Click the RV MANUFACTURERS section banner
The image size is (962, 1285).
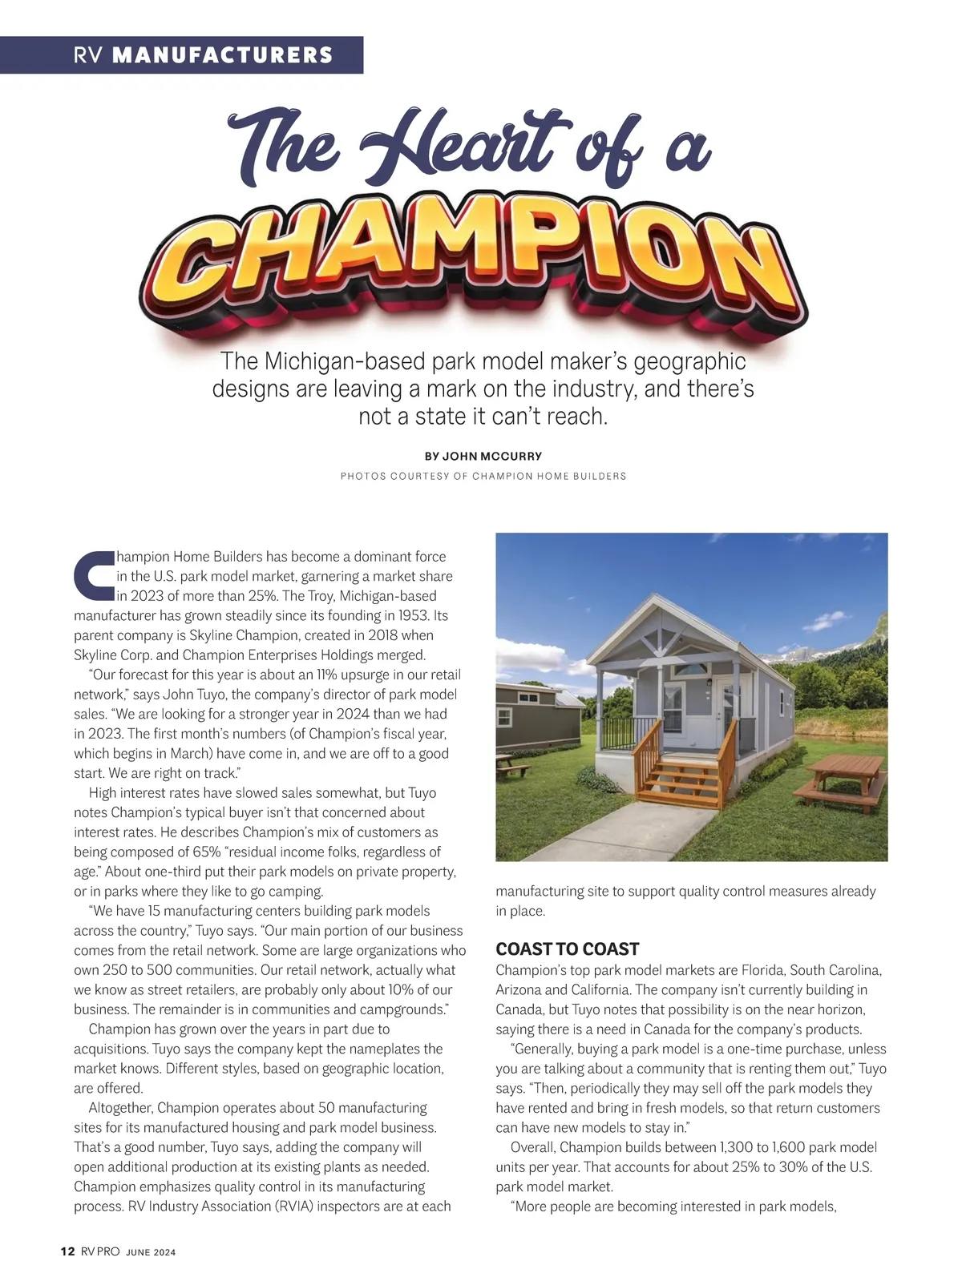coord(203,55)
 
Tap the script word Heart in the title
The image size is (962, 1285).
coord(465,144)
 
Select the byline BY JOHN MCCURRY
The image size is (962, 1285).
coord(483,456)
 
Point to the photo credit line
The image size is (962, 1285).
coord(483,476)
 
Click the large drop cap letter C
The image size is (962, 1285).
coord(94,574)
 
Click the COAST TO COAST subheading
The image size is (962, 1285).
coord(567,949)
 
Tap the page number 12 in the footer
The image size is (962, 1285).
coord(68,1252)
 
